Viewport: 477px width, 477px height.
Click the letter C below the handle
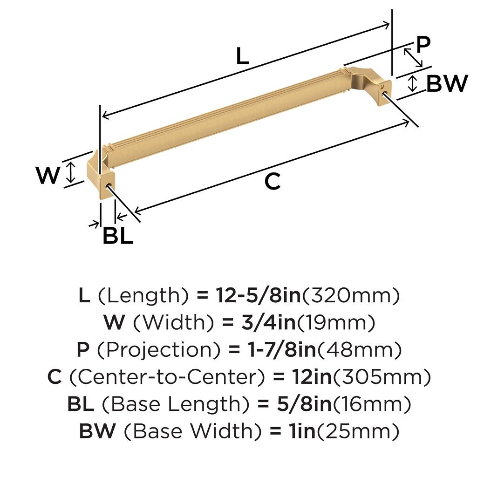point(272,181)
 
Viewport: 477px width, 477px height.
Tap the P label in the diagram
point(423,44)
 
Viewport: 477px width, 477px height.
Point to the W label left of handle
point(48,175)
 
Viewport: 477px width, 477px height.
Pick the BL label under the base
point(118,235)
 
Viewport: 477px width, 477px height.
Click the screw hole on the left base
point(107,186)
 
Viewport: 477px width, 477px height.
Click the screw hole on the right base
point(383,91)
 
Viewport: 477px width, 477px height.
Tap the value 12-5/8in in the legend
point(258,295)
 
